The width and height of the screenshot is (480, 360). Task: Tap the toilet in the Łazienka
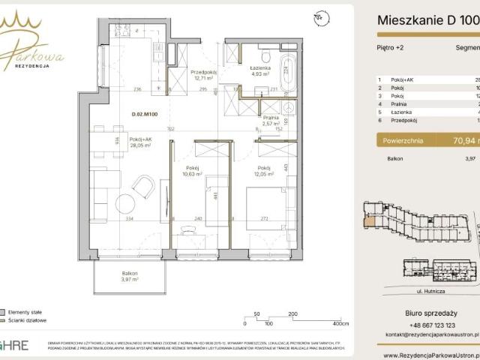265,56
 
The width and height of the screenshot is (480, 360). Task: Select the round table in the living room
123,204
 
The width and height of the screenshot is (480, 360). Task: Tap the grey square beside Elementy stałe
4,310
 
